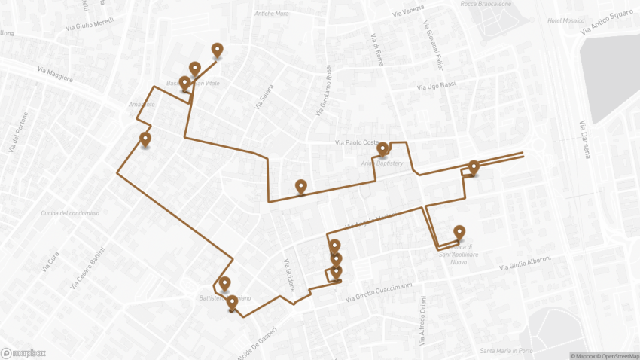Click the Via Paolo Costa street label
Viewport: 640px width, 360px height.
coord(358,142)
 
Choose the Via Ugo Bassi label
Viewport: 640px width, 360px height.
coord(437,87)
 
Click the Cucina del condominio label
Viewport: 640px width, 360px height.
coord(70,213)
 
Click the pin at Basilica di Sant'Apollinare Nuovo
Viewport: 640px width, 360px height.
coord(459,232)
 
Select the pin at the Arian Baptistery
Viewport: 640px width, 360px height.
coord(382,148)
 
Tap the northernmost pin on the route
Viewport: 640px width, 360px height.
coord(218,50)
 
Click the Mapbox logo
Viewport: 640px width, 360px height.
coord(23,352)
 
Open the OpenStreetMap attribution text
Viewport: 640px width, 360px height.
coord(612,355)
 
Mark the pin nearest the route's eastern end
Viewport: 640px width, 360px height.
coord(474,166)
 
